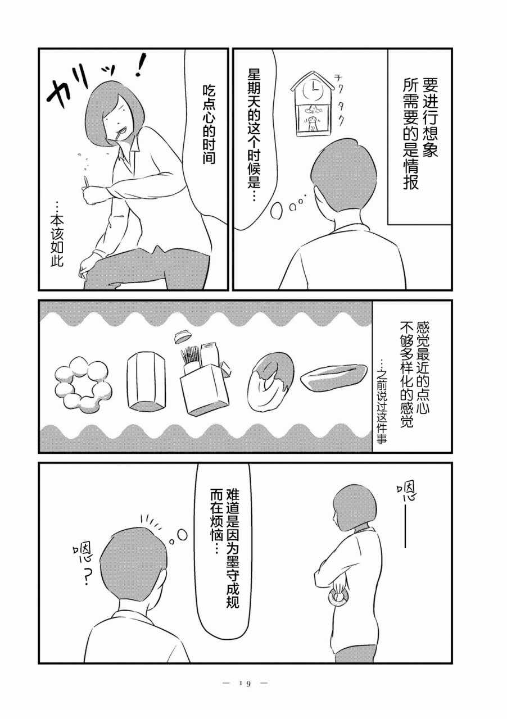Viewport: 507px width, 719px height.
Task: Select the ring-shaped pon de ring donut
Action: pyautogui.click(x=83, y=384)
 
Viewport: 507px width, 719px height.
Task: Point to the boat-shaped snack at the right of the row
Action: pyautogui.click(x=333, y=376)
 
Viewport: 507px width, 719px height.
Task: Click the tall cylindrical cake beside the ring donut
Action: pyautogui.click(x=146, y=381)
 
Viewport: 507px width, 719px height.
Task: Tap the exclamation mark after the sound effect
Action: pyautogui.click(x=142, y=66)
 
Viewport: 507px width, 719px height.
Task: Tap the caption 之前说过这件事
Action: pyautogui.click(x=382, y=406)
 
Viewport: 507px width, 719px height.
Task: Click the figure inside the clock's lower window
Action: pyautogui.click(x=312, y=123)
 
